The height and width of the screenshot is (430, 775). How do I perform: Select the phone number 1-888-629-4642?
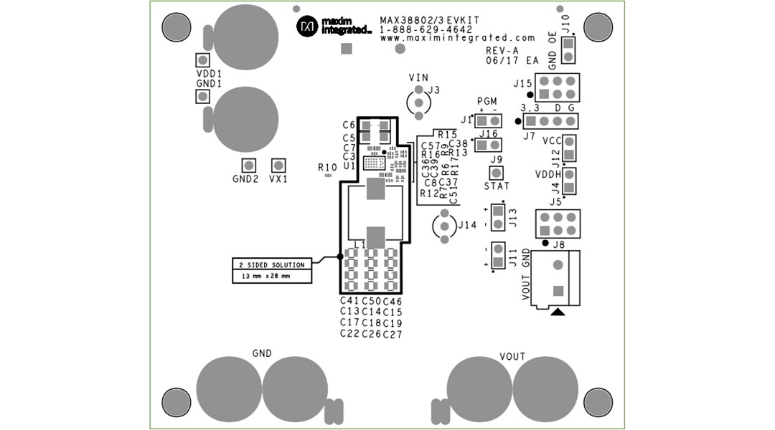tap(426, 29)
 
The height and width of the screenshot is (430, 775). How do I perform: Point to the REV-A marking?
tap(502, 51)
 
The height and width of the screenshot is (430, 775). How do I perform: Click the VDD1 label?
tap(209, 74)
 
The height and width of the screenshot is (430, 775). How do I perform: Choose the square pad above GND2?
tap(248, 165)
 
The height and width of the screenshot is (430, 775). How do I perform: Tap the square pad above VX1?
tap(278, 165)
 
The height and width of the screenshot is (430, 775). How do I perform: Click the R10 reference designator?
tap(327, 166)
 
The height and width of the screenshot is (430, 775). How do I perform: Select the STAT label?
tap(496, 186)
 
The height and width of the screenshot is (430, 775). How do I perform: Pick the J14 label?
tap(466, 225)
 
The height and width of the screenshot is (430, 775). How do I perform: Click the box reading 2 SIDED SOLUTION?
tap(272, 264)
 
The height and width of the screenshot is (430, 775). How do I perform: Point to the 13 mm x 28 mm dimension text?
tap(265, 276)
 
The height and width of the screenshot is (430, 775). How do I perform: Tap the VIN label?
tap(418, 77)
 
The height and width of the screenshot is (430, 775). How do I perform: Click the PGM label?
tap(487, 102)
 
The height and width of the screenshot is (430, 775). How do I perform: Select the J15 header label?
tap(522, 84)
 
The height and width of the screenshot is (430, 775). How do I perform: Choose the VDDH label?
tap(548, 174)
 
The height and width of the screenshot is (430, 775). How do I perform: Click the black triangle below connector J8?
tap(558, 312)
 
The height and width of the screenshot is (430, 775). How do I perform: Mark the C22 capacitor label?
tap(349, 333)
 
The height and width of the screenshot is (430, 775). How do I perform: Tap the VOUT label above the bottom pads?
tap(512, 357)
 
